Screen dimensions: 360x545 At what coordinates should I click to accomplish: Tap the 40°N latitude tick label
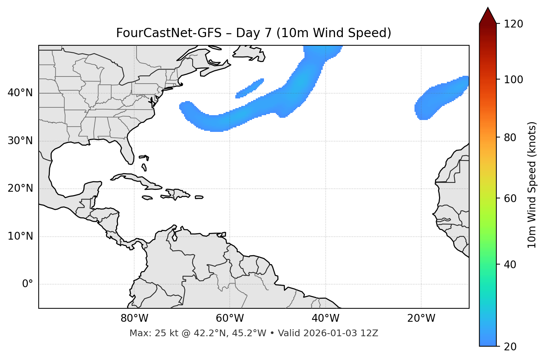tap(20, 93)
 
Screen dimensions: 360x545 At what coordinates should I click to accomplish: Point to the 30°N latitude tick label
tap(20, 141)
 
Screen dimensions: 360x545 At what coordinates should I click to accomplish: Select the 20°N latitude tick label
tap(20, 189)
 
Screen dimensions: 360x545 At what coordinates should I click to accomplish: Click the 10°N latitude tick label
tap(20, 236)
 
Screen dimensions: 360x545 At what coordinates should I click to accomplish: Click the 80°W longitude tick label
tap(134, 318)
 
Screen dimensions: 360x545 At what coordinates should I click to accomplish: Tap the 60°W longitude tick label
tap(230, 318)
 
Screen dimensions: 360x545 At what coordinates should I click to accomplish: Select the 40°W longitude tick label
tap(325, 318)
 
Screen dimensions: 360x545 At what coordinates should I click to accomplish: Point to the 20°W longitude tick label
tap(421, 318)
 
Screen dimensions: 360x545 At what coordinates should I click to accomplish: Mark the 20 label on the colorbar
tap(510, 347)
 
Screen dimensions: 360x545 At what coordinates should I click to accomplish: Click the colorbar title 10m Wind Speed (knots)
tap(532, 185)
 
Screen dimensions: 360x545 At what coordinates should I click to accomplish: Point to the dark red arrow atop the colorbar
tap(488, 16)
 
